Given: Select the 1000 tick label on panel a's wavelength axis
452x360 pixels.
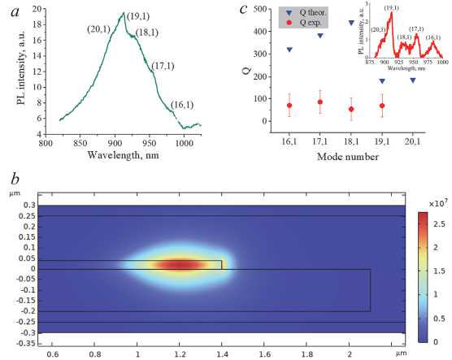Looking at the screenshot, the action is [x=185, y=143].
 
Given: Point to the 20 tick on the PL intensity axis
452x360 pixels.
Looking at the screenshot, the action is [x=37, y=9].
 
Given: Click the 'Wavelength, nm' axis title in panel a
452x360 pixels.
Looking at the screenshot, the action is [x=123, y=155].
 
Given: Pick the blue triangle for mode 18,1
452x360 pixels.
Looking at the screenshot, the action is [x=351, y=23].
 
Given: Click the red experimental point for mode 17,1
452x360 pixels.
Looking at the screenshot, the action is [x=320, y=102].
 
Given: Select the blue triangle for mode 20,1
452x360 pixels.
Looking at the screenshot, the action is [x=413, y=80].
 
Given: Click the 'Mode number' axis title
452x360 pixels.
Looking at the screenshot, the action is [x=348, y=157].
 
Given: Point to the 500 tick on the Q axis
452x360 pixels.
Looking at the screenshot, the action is [x=259, y=9].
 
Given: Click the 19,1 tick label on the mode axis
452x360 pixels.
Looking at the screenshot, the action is [x=382, y=141].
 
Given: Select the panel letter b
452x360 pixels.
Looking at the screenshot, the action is [x=15, y=179].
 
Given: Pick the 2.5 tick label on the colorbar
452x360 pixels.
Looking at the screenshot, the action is [x=439, y=224].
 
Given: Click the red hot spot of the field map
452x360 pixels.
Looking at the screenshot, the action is [x=180, y=265].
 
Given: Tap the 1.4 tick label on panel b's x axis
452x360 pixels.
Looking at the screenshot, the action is [x=222, y=354].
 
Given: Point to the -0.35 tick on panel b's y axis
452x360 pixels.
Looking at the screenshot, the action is [x=26, y=344].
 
